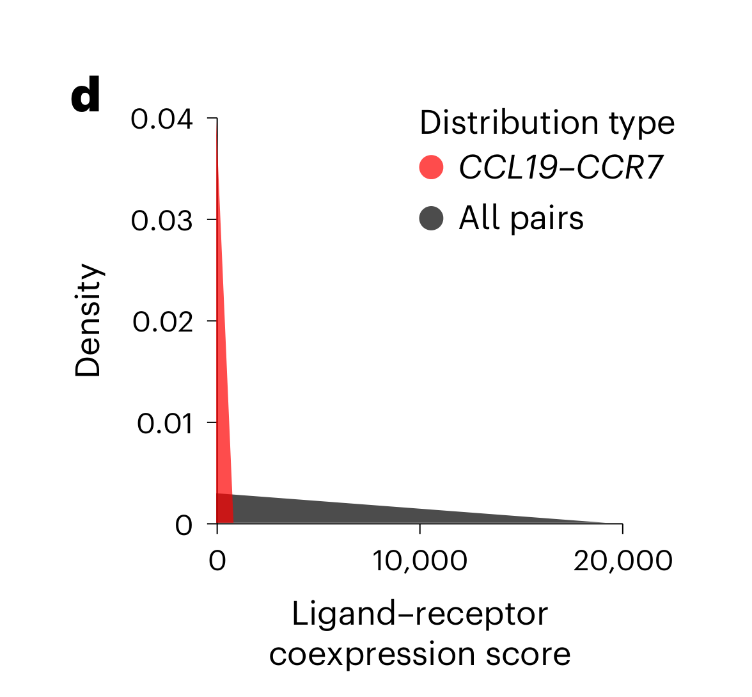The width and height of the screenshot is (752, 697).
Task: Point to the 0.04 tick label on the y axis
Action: point(162,119)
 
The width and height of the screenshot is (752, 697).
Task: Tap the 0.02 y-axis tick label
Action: point(162,321)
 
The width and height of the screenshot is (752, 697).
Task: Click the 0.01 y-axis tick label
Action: point(164,423)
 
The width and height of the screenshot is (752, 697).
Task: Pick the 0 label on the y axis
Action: point(184,525)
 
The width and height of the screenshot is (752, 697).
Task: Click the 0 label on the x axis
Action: point(217,561)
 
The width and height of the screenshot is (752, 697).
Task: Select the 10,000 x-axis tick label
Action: point(419,561)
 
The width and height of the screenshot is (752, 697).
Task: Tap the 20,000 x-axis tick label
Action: point(623,561)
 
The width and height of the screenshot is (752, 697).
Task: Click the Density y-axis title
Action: point(88,321)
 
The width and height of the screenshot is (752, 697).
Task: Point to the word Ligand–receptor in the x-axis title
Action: point(419,615)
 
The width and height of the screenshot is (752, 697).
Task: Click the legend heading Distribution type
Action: point(547,122)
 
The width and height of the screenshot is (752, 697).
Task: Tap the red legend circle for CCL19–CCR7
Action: point(432,168)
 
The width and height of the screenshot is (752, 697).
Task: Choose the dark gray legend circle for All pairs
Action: point(432,218)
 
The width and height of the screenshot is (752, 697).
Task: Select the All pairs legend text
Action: point(521,218)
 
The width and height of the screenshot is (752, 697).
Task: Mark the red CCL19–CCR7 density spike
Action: point(221,384)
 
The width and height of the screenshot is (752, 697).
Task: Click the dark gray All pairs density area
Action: point(384,512)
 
